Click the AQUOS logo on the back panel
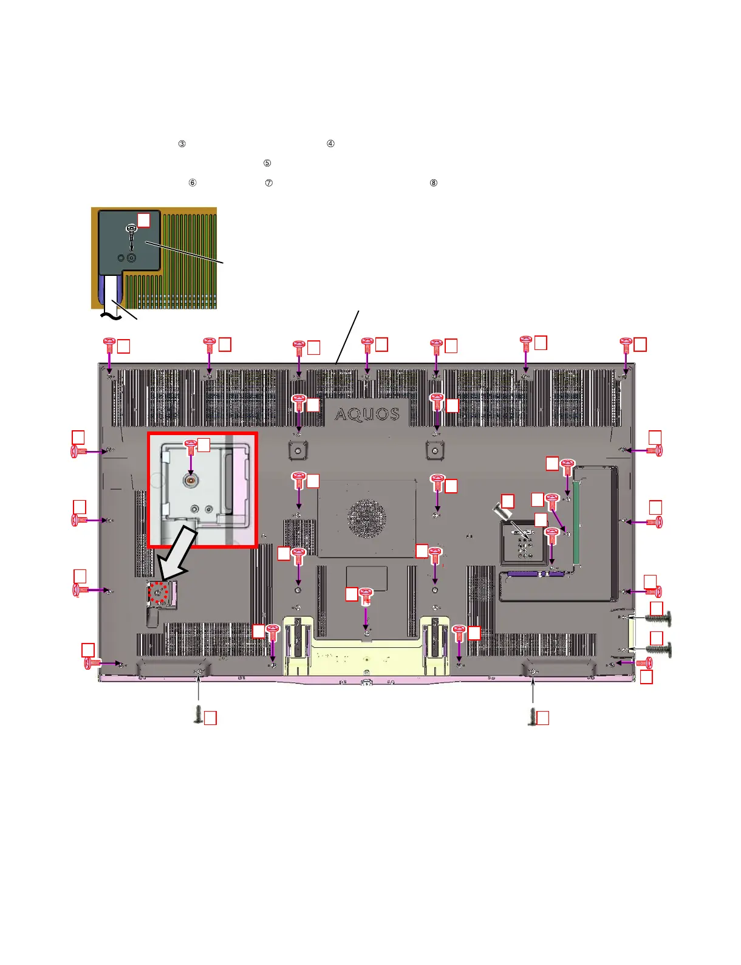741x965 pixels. tap(367, 414)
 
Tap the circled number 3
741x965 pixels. tap(182, 144)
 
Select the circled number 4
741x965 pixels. tap(330, 144)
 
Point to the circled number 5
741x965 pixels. tap(267, 163)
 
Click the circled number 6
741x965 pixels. tap(193, 183)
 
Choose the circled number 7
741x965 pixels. tap(269, 183)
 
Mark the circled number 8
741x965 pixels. tap(434, 183)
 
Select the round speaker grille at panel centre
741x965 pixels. tap(366, 518)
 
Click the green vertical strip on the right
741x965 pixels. tap(576, 521)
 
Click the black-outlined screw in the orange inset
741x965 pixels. tap(132, 230)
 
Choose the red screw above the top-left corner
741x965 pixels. tap(109, 345)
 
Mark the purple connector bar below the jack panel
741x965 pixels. tap(535, 573)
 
